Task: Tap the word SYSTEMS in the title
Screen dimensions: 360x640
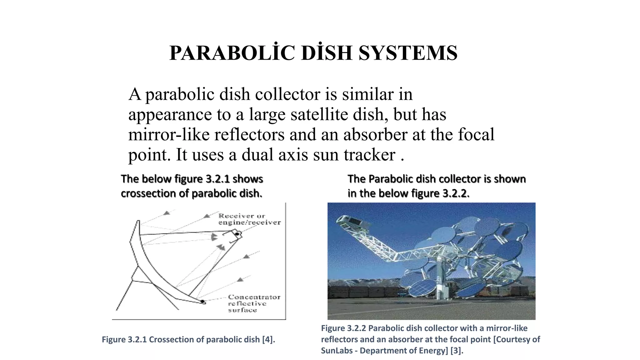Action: click(x=408, y=53)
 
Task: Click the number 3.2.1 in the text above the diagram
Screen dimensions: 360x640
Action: click(x=217, y=179)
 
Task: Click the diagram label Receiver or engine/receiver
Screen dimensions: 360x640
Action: click(x=249, y=219)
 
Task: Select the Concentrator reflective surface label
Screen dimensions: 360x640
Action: click(x=253, y=303)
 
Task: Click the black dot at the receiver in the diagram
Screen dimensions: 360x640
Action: click(x=237, y=234)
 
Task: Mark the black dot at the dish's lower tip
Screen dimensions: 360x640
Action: click(x=202, y=302)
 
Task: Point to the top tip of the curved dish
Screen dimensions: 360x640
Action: click(x=137, y=221)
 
